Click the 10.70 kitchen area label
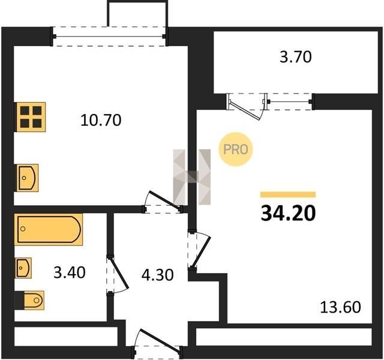pos(101,120)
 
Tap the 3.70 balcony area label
pos(296,57)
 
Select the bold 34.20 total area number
pos(288,213)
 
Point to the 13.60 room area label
pos(340,307)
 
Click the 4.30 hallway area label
pos(157,275)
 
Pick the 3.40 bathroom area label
pos(70,272)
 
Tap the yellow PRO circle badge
pos(236,149)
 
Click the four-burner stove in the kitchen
pos(31,117)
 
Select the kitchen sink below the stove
pos(28,178)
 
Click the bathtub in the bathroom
pos(49,229)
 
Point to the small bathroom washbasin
pos(23,268)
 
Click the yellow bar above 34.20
pos(288,194)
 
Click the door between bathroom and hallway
pos(118,274)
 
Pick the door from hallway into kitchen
pos(163,202)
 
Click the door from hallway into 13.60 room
pos(199,250)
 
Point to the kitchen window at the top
pos(109,37)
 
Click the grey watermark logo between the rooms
pos(192,177)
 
